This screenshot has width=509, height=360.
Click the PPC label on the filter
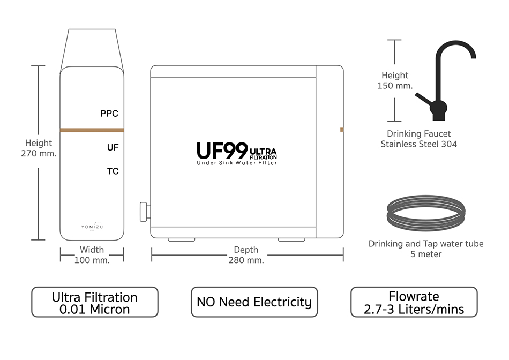[109, 114]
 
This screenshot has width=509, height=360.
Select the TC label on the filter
[113, 171]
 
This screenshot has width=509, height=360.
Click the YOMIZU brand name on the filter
[92, 227]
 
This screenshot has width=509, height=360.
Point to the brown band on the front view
[92, 130]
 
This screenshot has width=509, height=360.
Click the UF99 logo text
[222, 150]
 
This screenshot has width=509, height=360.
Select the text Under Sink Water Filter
[237, 163]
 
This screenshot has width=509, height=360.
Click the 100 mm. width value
[92, 260]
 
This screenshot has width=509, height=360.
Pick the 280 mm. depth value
[246, 260]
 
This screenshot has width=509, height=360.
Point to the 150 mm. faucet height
[395, 86]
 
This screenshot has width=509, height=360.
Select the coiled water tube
[425, 213]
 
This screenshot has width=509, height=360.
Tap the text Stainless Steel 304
[418, 144]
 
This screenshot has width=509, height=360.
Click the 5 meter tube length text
[426, 254]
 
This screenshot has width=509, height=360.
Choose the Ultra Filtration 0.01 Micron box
[95, 302]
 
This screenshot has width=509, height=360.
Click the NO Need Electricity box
[254, 302]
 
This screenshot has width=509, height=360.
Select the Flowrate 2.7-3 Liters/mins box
[414, 302]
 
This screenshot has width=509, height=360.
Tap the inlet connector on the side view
[144, 211]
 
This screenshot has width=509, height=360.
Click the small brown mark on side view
[342, 130]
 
